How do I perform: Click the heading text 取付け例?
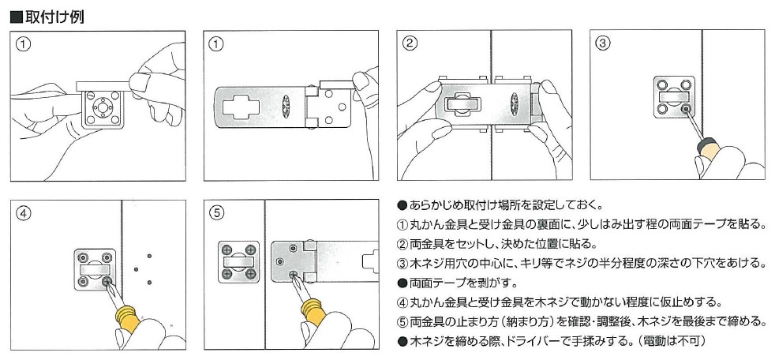[52, 16]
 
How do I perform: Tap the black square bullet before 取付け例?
[13, 16]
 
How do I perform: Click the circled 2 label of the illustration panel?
[410, 44]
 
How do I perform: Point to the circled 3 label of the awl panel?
[604, 44]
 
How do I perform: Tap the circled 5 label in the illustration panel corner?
[217, 212]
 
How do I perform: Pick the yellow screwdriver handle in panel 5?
[315, 313]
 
